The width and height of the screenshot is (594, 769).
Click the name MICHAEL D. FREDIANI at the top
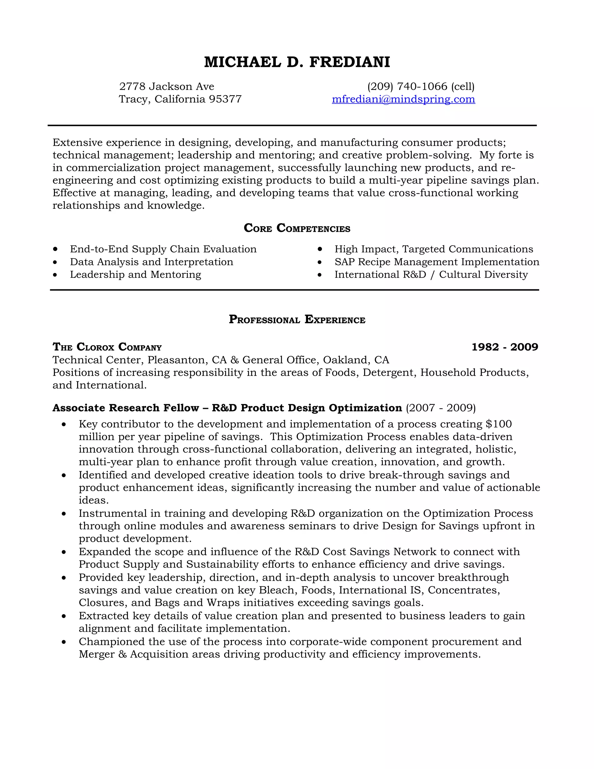(297, 62)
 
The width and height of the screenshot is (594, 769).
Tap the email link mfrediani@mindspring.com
(403, 99)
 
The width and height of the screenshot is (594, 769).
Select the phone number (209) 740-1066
(407, 86)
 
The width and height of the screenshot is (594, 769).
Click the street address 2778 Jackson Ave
(166, 86)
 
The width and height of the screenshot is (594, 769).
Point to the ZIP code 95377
(225, 99)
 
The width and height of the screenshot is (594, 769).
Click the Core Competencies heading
(297, 228)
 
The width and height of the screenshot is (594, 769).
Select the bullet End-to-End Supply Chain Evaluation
(163, 249)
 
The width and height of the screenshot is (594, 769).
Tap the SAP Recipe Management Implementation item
(437, 262)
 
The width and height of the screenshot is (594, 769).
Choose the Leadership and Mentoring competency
(135, 275)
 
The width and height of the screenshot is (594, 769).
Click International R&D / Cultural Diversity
(431, 275)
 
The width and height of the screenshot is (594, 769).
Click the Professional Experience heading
(297, 319)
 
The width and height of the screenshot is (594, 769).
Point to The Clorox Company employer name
(107, 347)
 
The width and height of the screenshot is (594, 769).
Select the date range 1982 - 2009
(505, 347)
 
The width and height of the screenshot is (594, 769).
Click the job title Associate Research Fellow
(126, 408)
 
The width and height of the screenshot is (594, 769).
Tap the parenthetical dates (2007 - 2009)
(441, 408)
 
